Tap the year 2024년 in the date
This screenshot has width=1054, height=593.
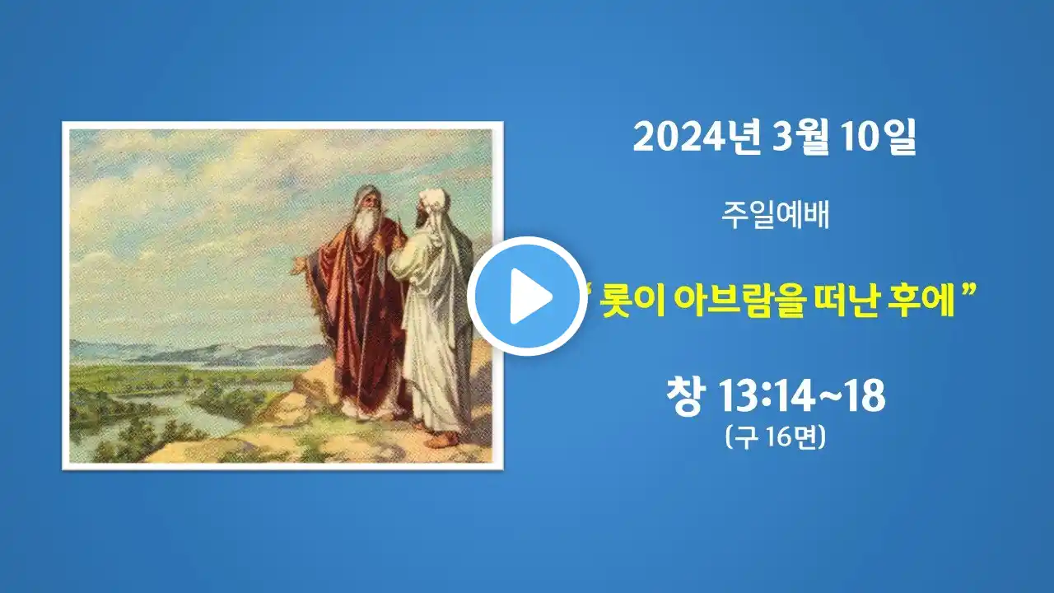tap(697, 138)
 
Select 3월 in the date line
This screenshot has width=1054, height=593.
tap(800, 138)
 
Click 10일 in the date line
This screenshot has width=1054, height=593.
tap(878, 138)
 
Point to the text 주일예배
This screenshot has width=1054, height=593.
tap(776, 215)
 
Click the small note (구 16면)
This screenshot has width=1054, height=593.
tap(776, 437)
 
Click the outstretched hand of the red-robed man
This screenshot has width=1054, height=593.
tap(297, 266)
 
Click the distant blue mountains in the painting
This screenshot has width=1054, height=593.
tap(198, 352)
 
